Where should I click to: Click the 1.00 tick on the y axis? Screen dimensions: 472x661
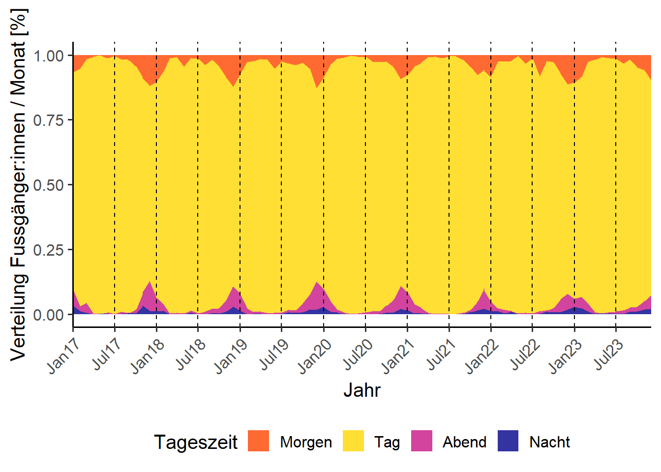49,56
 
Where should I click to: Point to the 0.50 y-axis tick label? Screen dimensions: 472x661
49,185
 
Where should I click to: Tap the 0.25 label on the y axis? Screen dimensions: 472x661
49,250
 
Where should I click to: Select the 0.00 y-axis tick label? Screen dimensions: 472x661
49,315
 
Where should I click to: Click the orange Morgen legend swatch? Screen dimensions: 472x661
258,441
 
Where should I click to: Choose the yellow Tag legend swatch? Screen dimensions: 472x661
353,441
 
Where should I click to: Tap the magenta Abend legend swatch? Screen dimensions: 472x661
421,441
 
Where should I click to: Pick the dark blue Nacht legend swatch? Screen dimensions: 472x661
508,441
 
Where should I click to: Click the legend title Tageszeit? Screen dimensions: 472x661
195,442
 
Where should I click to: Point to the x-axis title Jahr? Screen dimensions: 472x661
362,390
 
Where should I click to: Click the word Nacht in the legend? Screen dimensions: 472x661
549,442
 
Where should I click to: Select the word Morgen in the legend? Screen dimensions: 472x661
306,442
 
